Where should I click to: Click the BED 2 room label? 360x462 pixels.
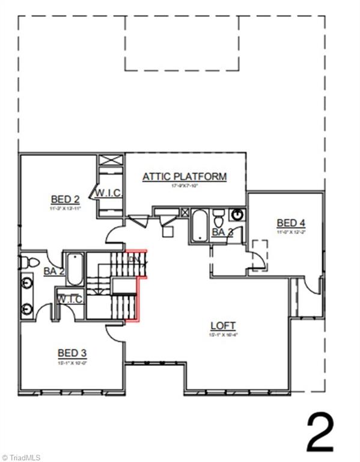click(x=66, y=200)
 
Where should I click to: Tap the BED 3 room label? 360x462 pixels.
click(x=73, y=353)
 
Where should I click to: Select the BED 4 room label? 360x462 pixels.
click(x=291, y=222)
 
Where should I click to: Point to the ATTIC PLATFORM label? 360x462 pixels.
click(x=185, y=177)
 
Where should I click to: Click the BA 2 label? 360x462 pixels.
click(x=53, y=271)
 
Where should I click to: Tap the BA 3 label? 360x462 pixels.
click(x=222, y=232)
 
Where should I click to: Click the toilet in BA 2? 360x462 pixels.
click(x=29, y=262)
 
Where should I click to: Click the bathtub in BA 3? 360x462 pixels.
click(x=199, y=226)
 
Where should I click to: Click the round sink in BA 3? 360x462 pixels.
click(x=239, y=215)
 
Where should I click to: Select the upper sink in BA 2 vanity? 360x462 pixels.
click(x=27, y=282)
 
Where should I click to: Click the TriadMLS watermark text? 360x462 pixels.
click(x=24, y=457)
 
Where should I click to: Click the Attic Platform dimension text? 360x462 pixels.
click(x=184, y=186)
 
